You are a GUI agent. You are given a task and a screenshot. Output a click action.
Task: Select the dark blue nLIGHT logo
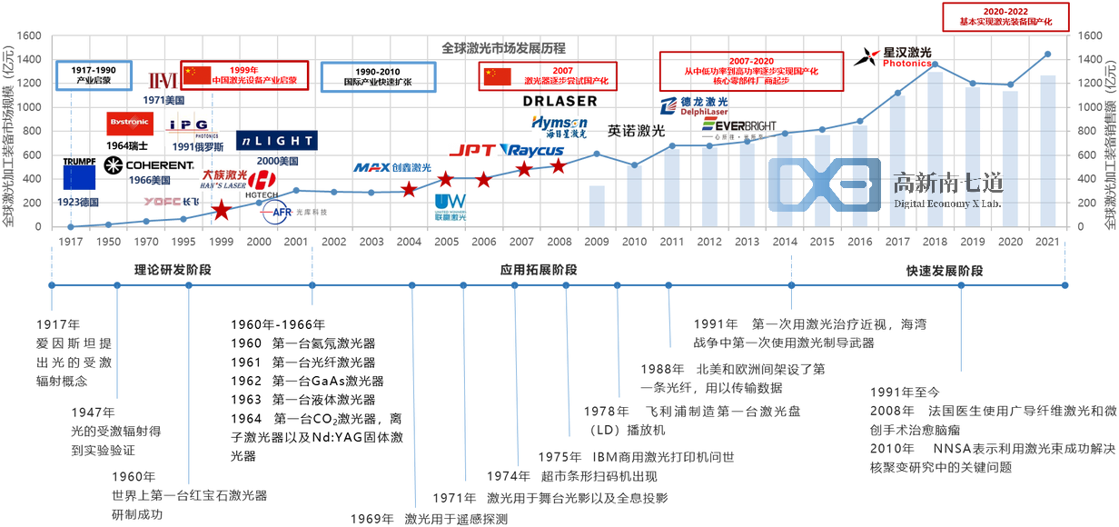[x=276, y=141]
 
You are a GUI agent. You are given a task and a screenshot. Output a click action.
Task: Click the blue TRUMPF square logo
[x=79, y=179]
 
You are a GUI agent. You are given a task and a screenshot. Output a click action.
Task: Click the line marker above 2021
[x=1047, y=54]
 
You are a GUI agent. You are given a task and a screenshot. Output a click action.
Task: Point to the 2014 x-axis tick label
[x=784, y=244]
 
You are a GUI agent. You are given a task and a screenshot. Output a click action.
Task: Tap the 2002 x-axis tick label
[x=334, y=244]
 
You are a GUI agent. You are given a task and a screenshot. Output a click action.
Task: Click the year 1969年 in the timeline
[x=373, y=519]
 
